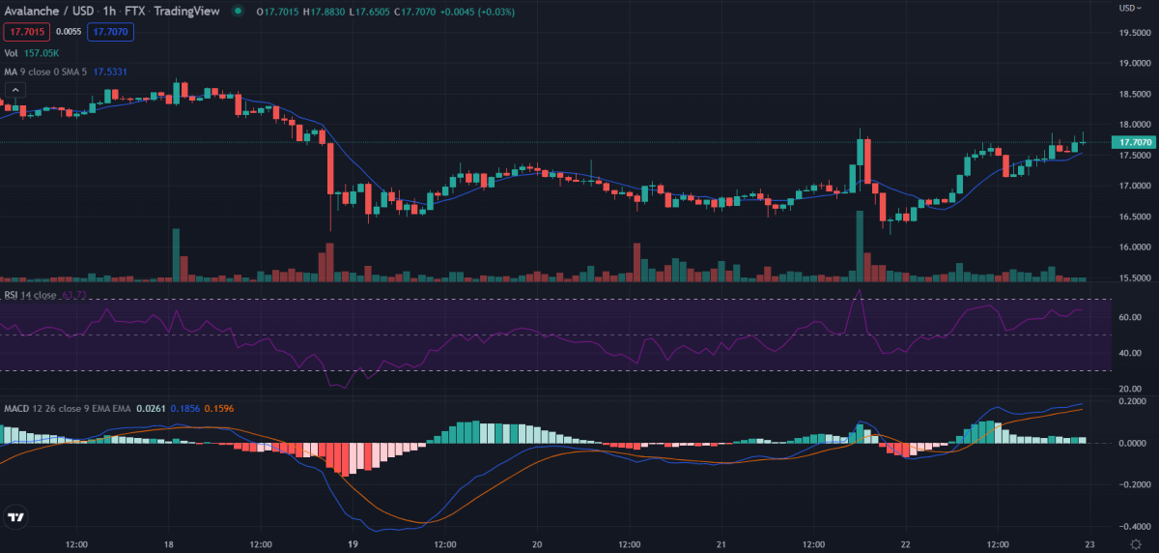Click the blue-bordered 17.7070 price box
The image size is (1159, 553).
pyautogui.click(x=111, y=32)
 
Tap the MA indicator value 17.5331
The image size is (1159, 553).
pyautogui.click(x=111, y=72)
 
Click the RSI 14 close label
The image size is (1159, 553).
pyautogui.click(x=29, y=295)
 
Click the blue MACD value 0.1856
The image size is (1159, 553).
pyautogui.click(x=184, y=409)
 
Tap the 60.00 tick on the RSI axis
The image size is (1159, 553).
pyautogui.click(x=1130, y=317)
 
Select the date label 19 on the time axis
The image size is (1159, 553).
pyautogui.click(x=353, y=544)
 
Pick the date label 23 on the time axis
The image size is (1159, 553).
pyautogui.click(x=1088, y=544)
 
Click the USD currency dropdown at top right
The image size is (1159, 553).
pyautogui.click(x=1129, y=8)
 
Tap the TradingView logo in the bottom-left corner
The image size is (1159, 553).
pyautogui.click(x=15, y=518)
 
